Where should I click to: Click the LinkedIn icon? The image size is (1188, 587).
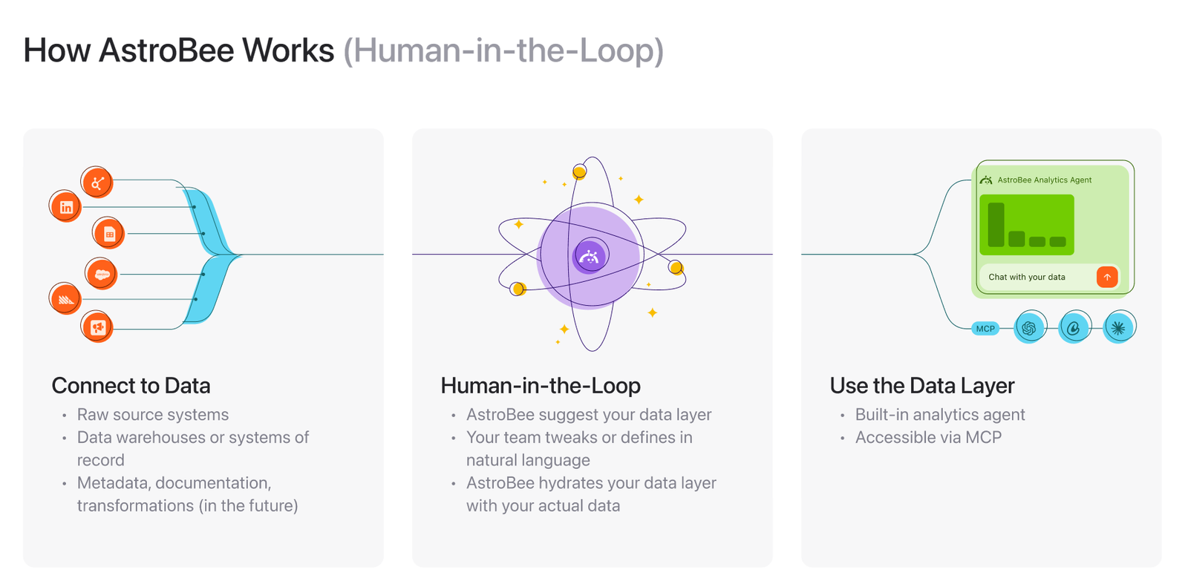65,206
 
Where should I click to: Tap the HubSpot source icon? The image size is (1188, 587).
97,183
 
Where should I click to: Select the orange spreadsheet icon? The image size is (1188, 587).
108,233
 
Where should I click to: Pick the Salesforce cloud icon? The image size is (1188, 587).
101,274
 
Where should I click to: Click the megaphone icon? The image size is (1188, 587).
97,327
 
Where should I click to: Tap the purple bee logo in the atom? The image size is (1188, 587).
590,257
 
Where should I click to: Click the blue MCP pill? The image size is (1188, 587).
985,329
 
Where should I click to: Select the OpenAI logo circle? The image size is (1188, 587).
1030,327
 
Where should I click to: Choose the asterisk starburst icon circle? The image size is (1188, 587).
1119,327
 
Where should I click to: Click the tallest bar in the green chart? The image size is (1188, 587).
996,225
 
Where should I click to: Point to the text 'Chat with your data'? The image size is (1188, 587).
1027,278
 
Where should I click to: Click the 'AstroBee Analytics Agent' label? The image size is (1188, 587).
1044,180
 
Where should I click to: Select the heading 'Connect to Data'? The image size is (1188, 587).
131,385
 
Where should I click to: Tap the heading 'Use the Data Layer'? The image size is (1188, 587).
921,385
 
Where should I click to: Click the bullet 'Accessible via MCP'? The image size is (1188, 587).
928,437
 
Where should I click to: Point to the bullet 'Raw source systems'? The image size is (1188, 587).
153,415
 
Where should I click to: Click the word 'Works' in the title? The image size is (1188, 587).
288,50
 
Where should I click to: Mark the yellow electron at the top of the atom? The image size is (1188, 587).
579,172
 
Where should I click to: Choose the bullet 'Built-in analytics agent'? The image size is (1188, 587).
940,415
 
